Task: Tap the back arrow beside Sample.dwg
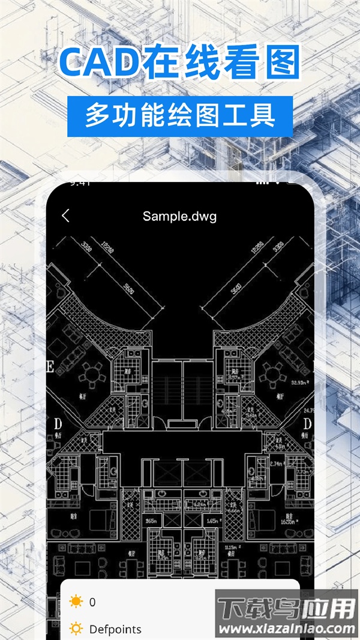(65, 216)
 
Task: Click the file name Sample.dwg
(179, 216)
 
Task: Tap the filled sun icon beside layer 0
(76, 602)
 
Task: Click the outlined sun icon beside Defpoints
(76, 629)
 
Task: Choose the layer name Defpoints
(115, 629)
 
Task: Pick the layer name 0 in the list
(92, 602)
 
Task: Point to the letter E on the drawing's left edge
(50, 367)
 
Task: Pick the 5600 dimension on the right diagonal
(233, 292)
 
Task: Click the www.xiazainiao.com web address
(286, 629)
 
